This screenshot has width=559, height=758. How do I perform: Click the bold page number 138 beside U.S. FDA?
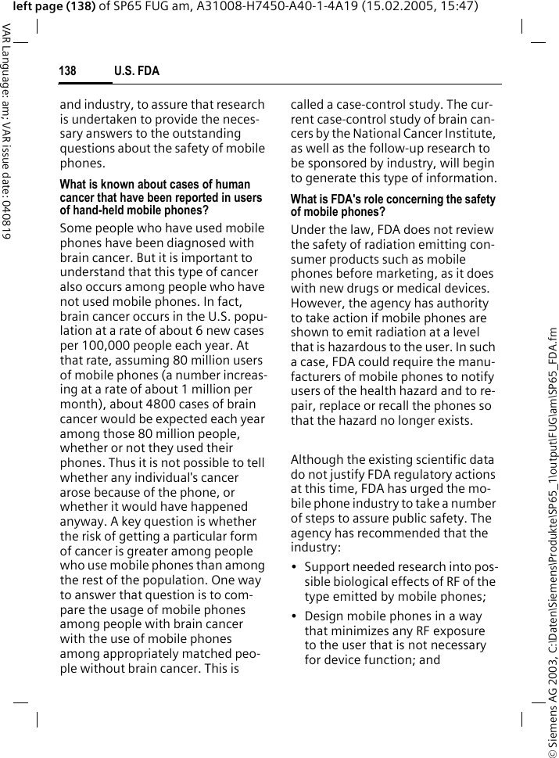click(x=68, y=71)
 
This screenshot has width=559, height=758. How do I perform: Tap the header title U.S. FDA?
click(x=137, y=71)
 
